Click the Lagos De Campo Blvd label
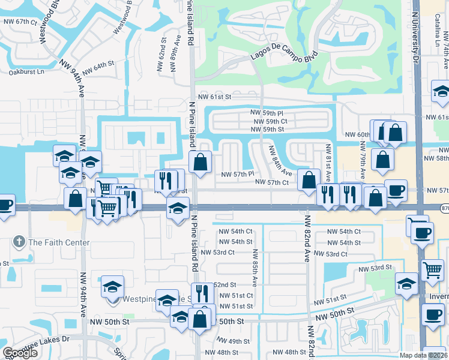281,55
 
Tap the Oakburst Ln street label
26,72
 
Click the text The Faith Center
59,243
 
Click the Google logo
20,353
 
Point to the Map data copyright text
423,355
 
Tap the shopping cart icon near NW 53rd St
432,271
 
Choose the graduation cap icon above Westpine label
112,286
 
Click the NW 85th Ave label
255,267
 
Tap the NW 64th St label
98,68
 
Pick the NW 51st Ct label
234,296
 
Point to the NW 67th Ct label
19,22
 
